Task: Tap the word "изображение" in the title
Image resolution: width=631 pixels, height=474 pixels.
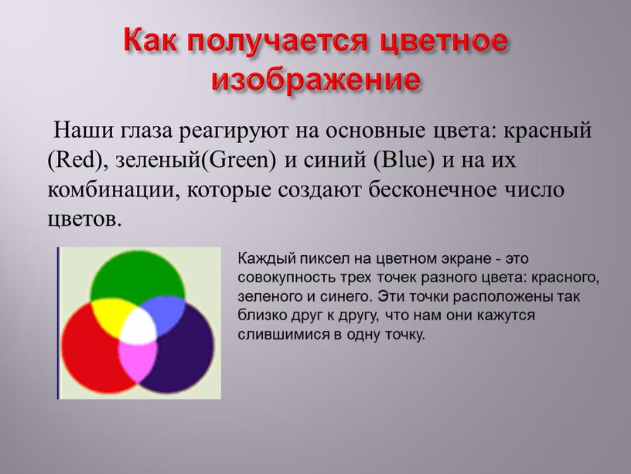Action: (317, 78)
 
